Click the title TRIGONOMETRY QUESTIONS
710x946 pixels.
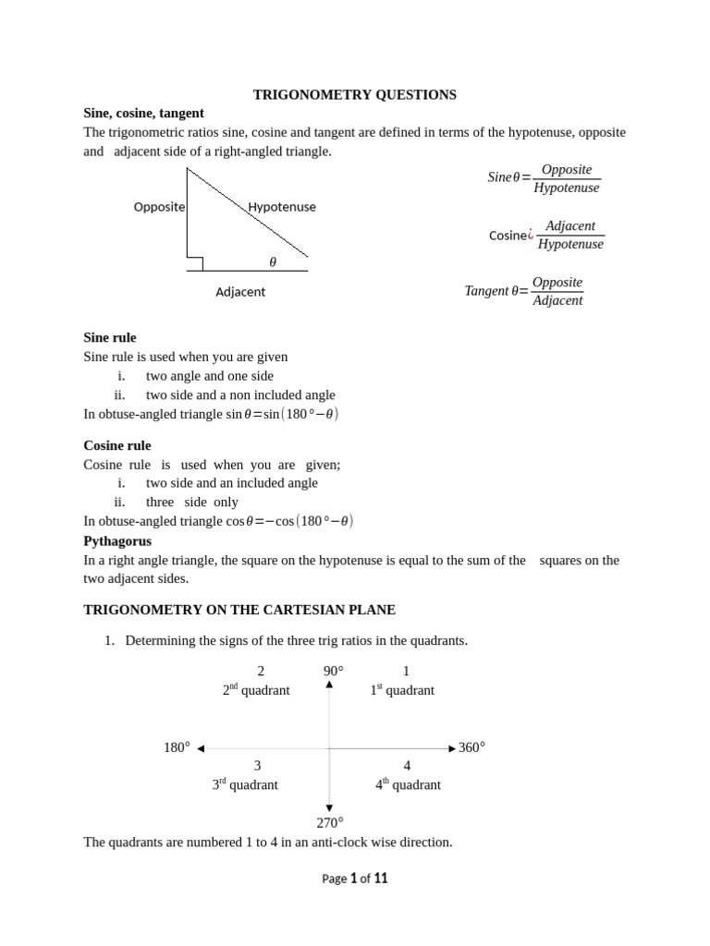(x=355, y=94)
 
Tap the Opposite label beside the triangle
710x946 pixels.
(x=159, y=207)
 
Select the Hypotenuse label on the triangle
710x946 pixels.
(x=282, y=207)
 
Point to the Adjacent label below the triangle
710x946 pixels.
(x=240, y=292)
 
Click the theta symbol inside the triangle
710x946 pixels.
(x=273, y=262)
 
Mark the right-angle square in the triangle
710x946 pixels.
(x=195, y=264)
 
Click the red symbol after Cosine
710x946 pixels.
(x=531, y=236)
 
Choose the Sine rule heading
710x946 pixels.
(x=110, y=337)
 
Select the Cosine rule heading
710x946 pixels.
(x=117, y=445)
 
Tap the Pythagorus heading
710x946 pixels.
(x=117, y=540)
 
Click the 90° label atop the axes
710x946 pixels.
(x=333, y=671)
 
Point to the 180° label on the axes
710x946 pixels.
(x=177, y=747)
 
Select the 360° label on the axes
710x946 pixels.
(x=471, y=747)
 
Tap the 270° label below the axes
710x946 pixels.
(x=330, y=822)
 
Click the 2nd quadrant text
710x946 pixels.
(x=256, y=690)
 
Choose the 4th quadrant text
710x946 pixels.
(x=408, y=784)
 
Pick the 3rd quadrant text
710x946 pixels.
(x=245, y=784)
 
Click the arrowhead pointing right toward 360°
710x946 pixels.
(x=452, y=748)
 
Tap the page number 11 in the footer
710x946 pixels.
(x=380, y=879)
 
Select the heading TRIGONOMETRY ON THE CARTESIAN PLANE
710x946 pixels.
(x=239, y=610)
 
